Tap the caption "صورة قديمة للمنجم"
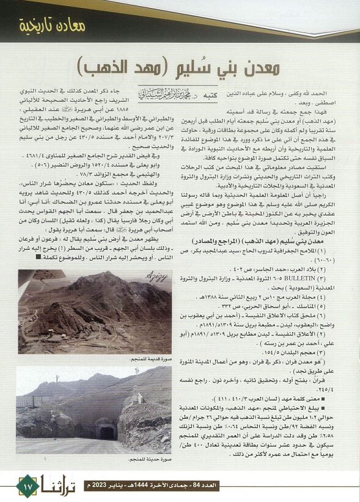pyautogui.click(x=151, y=360)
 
